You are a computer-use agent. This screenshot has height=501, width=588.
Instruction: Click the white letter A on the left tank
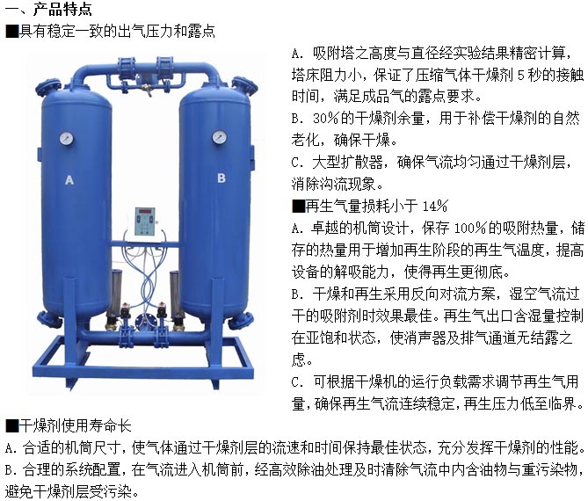[69, 180]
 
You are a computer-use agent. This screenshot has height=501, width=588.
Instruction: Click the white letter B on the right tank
[221, 178]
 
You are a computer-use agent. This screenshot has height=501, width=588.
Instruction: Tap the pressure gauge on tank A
[67, 138]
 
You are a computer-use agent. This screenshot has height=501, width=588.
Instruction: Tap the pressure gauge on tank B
[219, 137]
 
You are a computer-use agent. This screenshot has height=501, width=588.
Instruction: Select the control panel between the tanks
[145, 221]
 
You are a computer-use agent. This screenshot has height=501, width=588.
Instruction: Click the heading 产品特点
[62, 9]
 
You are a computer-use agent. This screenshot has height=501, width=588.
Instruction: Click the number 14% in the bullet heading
[435, 206]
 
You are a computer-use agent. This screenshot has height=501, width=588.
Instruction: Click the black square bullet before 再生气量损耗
[299, 206]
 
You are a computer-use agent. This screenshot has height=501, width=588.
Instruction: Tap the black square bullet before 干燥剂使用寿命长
[12, 425]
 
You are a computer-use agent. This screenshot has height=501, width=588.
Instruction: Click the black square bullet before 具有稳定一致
[12, 31]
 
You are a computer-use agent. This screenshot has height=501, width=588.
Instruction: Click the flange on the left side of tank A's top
[47, 88]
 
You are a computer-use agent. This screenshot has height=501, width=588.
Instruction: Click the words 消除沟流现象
[334, 184]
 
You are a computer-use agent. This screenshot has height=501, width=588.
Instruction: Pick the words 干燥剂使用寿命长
[75, 426]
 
